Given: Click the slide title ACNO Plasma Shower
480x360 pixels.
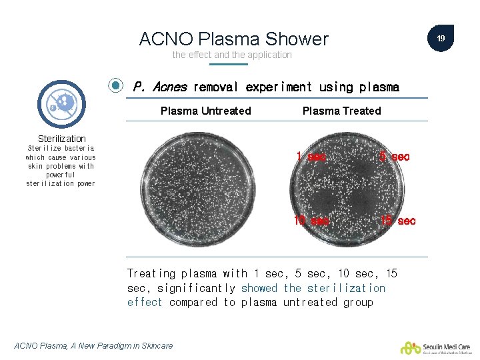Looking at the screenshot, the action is click(233, 39).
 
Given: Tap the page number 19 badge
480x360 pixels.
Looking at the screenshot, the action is click(441, 39).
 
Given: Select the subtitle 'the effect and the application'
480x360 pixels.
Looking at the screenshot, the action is click(232, 55).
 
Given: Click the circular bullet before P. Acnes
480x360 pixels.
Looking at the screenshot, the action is click(116, 86).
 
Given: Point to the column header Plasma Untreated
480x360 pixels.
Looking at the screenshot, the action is click(205, 111).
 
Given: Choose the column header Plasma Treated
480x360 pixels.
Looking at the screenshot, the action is click(341, 111).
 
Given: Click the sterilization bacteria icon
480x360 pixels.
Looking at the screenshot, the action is click(62, 104).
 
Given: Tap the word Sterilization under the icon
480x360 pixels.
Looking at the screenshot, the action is click(61, 139).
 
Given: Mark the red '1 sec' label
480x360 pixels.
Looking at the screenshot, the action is click(311, 157).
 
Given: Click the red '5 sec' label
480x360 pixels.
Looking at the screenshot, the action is click(394, 157).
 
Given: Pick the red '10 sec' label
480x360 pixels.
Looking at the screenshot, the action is click(311, 221).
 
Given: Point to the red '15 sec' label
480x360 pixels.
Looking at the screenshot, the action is click(397, 221).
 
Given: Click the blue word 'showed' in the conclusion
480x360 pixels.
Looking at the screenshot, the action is click(259, 288).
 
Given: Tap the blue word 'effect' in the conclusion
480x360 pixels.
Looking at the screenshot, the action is click(145, 302).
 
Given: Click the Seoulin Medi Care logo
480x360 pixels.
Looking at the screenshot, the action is click(435, 347).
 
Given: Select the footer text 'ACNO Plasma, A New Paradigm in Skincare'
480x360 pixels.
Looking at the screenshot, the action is click(93, 345).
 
